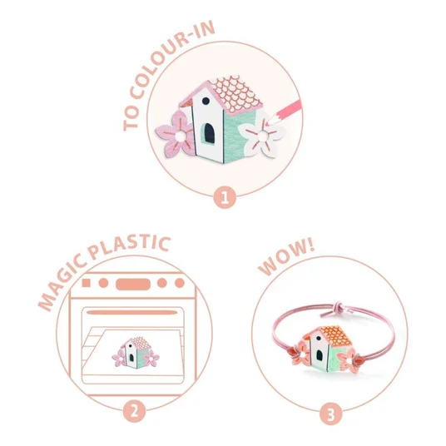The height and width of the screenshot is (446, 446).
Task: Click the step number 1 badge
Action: pos(225,197)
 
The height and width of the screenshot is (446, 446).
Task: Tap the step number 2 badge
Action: pos(134,411)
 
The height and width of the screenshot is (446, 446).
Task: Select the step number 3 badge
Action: pos(331,414)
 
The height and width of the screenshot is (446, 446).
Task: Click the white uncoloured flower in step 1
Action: pos(261,135)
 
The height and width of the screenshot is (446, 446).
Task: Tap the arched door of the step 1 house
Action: pos(210,133)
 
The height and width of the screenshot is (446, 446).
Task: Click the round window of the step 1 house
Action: pos(206,101)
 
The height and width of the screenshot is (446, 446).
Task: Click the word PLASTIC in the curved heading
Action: pos(129,246)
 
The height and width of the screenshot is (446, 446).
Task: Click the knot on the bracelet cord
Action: pos(338,308)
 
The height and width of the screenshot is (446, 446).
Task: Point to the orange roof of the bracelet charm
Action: pos(335,335)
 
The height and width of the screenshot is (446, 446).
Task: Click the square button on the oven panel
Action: pos(87,283)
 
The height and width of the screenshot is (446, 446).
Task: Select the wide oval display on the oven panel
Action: pos(133,284)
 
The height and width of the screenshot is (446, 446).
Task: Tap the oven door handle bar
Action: pos(132,313)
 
